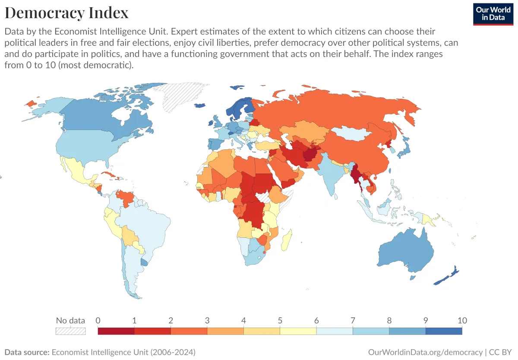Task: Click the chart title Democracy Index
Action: (66, 13)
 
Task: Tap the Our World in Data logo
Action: (493, 13)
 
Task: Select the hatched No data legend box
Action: (70, 331)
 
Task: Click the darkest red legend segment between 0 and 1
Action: (116, 331)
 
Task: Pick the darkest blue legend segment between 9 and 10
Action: (443, 331)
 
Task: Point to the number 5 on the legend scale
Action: (280, 321)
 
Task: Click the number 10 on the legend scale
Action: (462, 321)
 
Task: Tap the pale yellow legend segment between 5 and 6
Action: (298, 331)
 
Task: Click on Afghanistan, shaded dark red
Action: (310, 154)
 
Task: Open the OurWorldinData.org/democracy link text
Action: (425, 352)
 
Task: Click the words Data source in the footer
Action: (27, 352)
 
